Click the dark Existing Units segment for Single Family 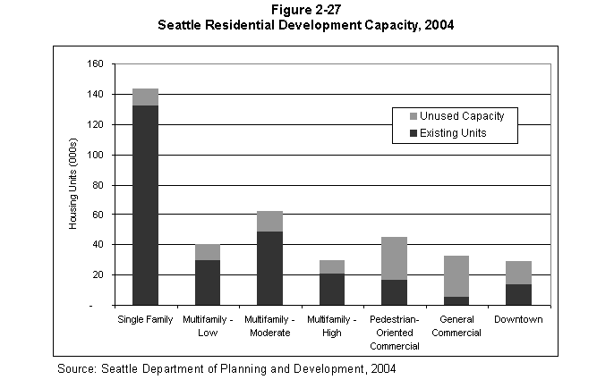pyautogui.click(x=145, y=205)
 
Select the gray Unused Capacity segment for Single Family pyautogui.click(x=145, y=97)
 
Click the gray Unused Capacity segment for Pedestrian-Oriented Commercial pyautogui.click(x=394, y=258)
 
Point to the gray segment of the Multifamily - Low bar pyautogui.click(x=208, y=252)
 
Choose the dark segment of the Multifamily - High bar pyautogui.click(x=331, y=289)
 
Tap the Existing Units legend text pyautogui.click(x=455, y=133)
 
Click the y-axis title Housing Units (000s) pyautogui.click(x=73, y=184)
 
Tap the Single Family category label pyautogui.click(x=145, y=320)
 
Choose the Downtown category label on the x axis pyautogui.click(x=518, y=320)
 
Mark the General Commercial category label pyautogui.click(x=456, y=326)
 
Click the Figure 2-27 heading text pyautogui.click(x=305, y=10)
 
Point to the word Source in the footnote pyautogui.click(x=77, y=368)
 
